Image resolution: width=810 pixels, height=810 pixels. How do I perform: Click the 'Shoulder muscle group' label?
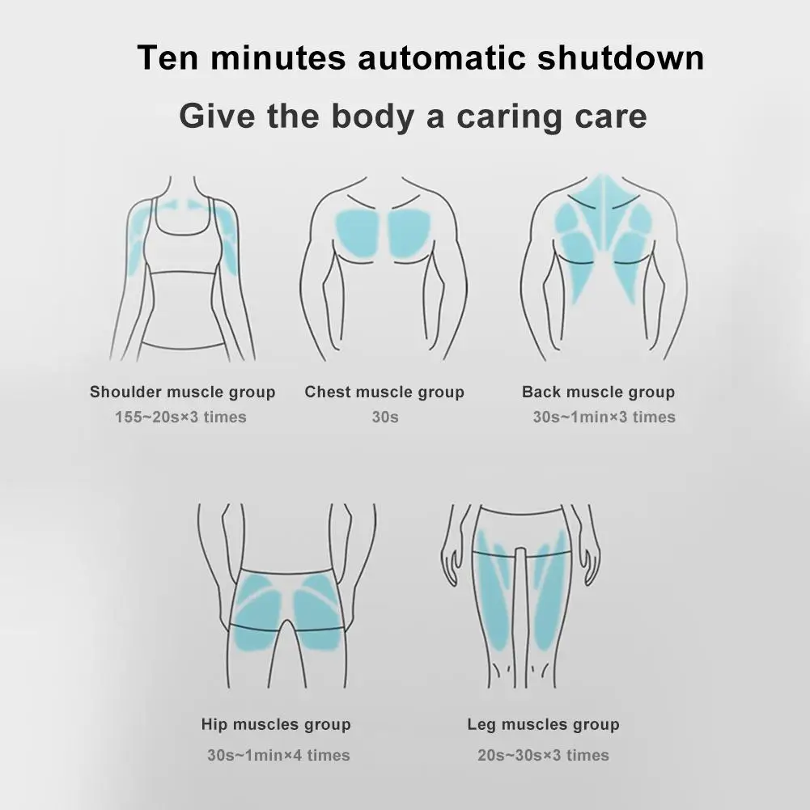[182, 392]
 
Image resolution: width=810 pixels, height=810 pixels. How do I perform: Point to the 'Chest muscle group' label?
[384, 392]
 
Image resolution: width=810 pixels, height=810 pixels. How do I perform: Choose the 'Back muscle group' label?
[598, 392]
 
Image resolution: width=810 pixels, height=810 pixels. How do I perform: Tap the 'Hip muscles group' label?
[276, 724]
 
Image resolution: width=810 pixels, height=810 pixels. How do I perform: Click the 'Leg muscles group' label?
[543, 724]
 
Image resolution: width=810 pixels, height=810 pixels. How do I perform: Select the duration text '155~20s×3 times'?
[180, 418]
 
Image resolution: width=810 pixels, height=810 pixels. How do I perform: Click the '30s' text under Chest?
[384, 418]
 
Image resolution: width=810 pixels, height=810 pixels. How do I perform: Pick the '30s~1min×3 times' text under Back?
[604, 418]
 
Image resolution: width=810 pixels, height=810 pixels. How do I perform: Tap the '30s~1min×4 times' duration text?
[278, 756]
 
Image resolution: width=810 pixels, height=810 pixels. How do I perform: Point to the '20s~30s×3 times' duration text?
[543, 756]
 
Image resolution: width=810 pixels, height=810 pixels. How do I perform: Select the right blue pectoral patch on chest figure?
[410, 232]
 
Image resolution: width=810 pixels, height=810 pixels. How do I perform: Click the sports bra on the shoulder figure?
[182, 243]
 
